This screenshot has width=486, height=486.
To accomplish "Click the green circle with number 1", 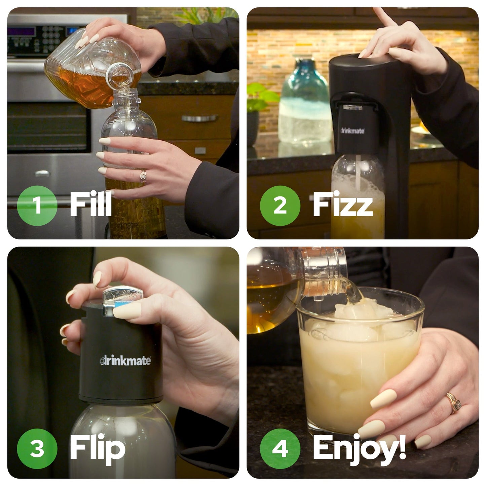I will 37,205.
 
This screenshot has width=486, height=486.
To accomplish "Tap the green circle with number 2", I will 280,205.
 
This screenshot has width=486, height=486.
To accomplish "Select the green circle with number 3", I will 37,449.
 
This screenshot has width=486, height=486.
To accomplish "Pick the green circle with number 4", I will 280,449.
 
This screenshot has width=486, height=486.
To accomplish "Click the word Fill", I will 91,204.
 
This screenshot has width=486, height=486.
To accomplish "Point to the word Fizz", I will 342,204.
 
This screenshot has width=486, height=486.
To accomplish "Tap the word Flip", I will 98,449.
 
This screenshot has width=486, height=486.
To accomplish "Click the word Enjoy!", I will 359,449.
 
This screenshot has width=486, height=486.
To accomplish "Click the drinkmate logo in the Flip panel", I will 125,361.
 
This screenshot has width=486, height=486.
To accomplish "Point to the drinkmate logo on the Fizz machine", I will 352,130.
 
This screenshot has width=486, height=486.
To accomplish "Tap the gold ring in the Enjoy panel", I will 453,402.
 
